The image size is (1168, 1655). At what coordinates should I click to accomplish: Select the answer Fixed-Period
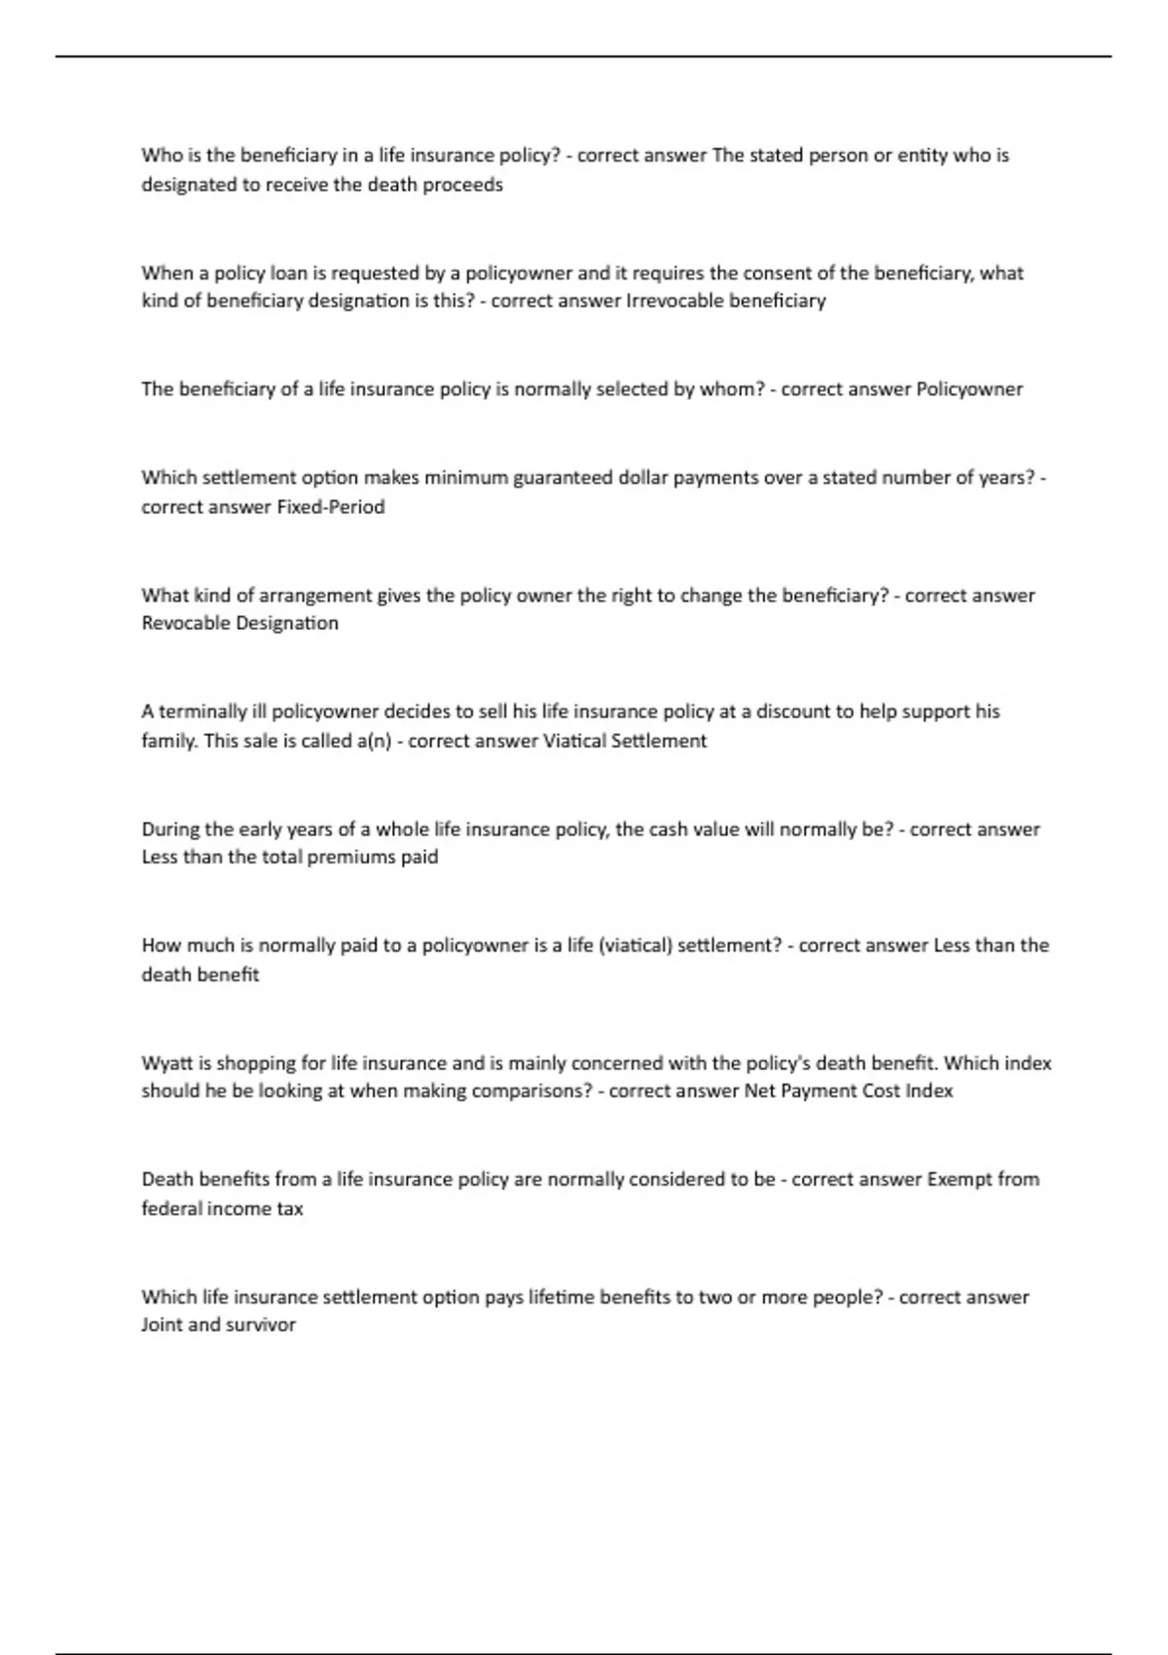click(x=331, y=507)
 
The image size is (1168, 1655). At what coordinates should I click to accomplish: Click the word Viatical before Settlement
click(x=574, y=741)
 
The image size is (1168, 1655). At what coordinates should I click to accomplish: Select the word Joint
click(x=162, y=1325)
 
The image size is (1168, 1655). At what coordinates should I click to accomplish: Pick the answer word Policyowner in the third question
click(x=969, y=389)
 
